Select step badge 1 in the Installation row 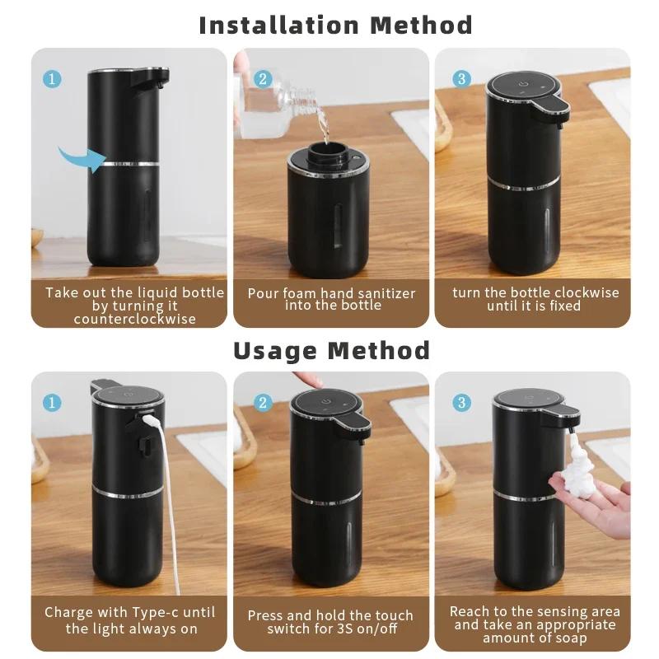52,79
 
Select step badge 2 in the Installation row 263,79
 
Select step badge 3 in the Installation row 461,79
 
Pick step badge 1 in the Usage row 52,403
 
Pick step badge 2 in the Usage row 263,403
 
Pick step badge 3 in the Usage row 461,403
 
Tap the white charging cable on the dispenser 167,494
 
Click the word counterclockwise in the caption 134,319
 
